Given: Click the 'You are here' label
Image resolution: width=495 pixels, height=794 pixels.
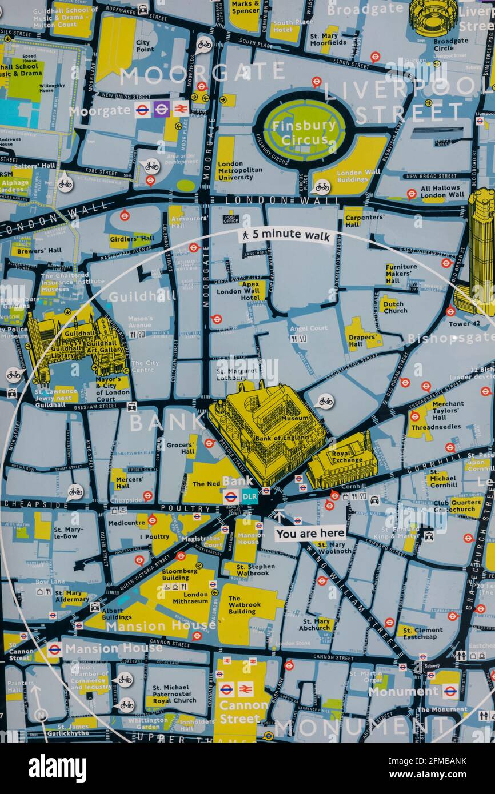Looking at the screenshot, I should point(310,534).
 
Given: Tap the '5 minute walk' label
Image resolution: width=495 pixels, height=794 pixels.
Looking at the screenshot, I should point(286,234).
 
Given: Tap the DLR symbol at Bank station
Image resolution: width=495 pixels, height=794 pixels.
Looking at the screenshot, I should point(250,496).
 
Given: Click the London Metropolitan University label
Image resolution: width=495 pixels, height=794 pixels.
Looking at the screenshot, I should point(239,170).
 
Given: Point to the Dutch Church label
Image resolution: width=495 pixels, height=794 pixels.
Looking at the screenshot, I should point(395,307).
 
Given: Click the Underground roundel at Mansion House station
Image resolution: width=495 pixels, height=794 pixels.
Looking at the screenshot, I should point(54,649).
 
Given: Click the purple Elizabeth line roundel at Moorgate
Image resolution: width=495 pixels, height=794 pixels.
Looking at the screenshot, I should point(162,109).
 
